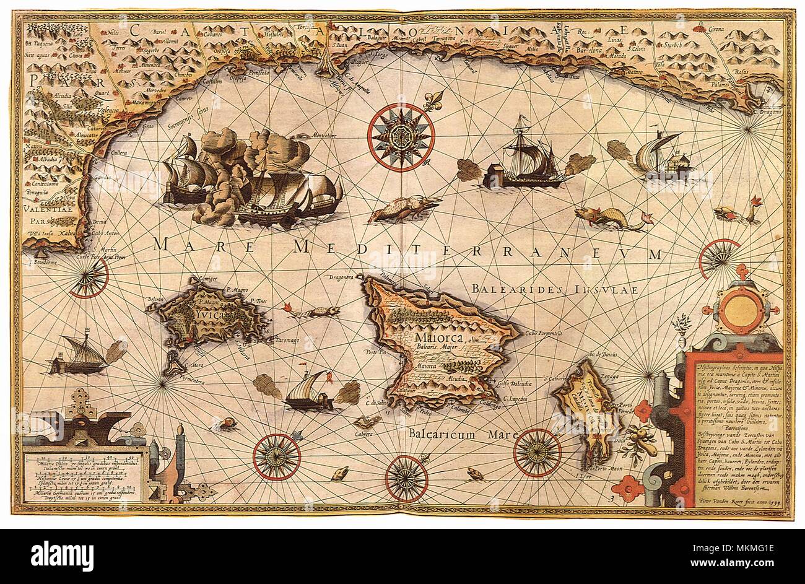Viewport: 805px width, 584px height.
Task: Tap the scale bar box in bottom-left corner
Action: tap(84, 476)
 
